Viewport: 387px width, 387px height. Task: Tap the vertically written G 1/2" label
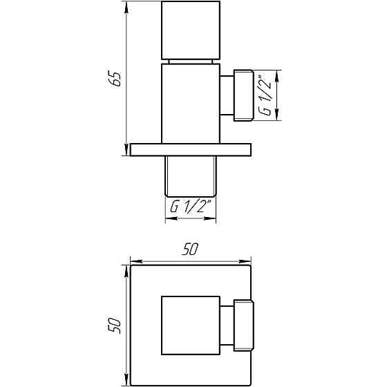click(x=265, y=95)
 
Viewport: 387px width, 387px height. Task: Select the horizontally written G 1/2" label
click(x=191, y=207)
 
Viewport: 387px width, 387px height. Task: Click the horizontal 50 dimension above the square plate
click(x=191, y=251)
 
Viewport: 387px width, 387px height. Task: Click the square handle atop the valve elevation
click(x=190, y=30)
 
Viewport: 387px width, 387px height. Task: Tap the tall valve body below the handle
click(x=190, y=104)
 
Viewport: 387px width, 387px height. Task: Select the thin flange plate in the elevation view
click(x=190, y=150)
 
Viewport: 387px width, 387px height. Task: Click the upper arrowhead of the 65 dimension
click(x=126, y=6)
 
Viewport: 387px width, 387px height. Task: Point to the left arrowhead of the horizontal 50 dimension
click(x=135, y=262)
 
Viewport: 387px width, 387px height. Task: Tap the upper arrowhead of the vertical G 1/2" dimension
click(x=278, y=73)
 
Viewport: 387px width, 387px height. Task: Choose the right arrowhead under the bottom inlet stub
click(x=214, y=218)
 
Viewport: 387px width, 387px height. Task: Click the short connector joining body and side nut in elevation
click(x=226, y=95)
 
